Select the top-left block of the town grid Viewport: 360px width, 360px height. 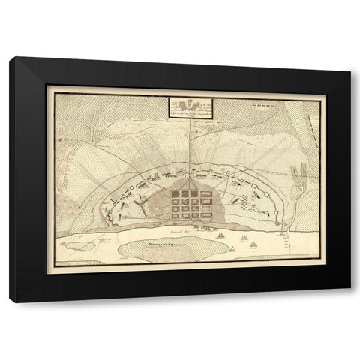coord(174,193)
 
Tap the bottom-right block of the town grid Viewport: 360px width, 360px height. coord(203,214)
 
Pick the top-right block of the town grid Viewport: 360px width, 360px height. coord(203,193)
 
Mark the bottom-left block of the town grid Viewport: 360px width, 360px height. coord(174,214)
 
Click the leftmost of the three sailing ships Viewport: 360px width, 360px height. coord(222,236)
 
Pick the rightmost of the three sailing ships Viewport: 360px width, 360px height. coord(254,244)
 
